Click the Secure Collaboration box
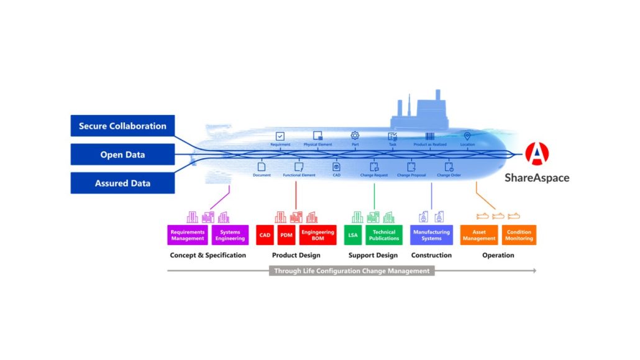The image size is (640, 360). coord(122,126)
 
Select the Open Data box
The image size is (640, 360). coord(122,154)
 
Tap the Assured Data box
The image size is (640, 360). coord(122,183)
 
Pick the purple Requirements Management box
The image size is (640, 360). coord(188,235)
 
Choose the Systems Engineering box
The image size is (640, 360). coord(230,235)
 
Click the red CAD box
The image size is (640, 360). coord(265,235)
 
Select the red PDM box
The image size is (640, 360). coord(286,235)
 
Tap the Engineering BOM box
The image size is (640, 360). coord(318,235)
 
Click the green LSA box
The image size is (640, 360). coord(352,235)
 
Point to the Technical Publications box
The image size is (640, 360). coord(384,235)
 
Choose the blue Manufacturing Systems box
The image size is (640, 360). coord(431,235)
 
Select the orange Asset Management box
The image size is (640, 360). coord(479,235)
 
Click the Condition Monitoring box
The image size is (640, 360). coord(519,235)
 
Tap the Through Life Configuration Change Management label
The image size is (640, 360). coord(352,271)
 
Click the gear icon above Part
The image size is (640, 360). coord(355,136)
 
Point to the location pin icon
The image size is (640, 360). coord(467,136)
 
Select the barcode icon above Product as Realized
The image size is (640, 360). coord(430,136)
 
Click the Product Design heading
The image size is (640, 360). coord(296,255)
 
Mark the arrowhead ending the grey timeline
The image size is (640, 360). coord(534,271)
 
